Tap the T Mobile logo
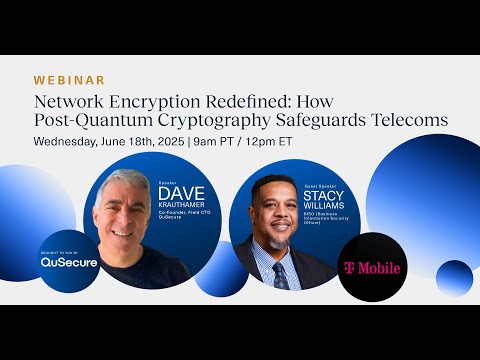tap(372, 268)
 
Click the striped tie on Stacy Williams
tap(281, 274)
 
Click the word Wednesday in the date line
tap(71, 141)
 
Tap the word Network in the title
tap(68, 101)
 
